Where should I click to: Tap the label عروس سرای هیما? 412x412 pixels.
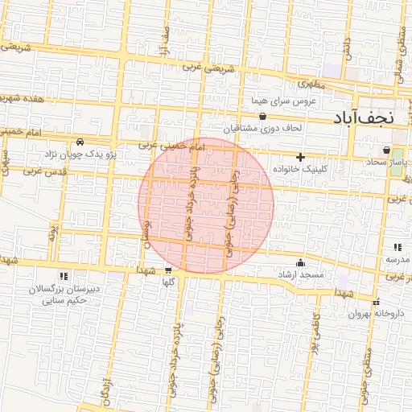point(283,101)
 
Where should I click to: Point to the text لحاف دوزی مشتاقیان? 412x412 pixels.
point(262,128)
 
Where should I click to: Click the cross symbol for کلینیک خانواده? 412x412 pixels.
point(301,157)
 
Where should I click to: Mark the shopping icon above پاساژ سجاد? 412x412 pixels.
point(387,150)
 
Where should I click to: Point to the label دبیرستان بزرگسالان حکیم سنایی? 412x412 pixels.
point(64,294)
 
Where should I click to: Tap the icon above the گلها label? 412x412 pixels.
point(168,270)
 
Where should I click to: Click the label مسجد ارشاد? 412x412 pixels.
point(300,274)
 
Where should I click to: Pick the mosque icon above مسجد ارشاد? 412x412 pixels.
point(301,262)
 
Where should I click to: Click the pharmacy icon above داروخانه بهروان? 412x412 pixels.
point(376,302)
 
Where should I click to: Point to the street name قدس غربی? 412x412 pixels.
point(43,171)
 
